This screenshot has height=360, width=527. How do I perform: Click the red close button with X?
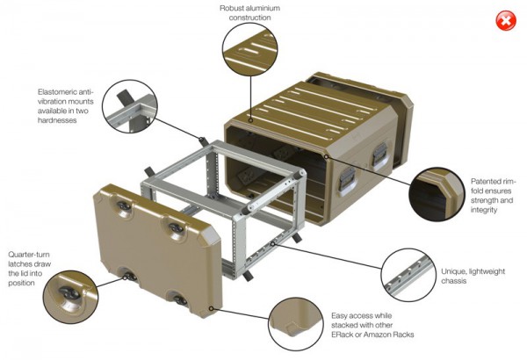[506, 21]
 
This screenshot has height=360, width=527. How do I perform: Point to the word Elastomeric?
[61, 92]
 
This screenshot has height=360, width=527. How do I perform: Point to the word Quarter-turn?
[26, 253]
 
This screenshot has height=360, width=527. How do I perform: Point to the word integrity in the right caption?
[483, 211]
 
